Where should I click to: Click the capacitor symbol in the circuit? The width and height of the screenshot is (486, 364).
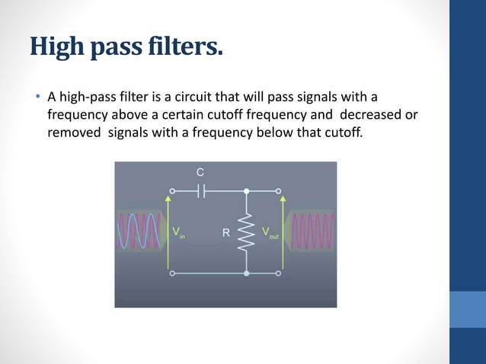coord(201,191)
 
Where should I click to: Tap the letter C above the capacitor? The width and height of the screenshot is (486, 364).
coord(200,173)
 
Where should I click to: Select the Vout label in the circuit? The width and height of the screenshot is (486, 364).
coord(270,231)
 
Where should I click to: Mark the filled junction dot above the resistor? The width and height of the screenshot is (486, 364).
coord(246,191)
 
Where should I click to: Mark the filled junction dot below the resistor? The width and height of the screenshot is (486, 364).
coord(246,272)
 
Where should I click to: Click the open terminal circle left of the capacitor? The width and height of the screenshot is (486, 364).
coord(172,191)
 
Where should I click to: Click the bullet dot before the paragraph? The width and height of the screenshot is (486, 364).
coord(36,97)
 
